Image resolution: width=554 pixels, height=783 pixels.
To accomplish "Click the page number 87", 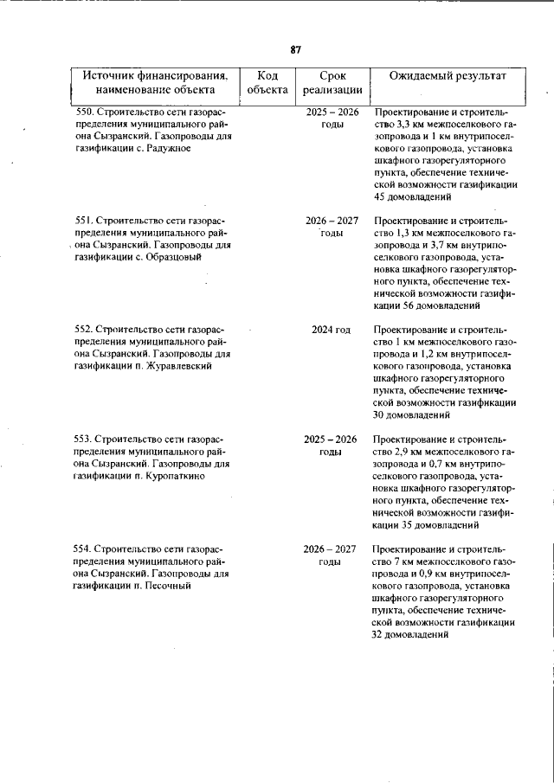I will point(295,49).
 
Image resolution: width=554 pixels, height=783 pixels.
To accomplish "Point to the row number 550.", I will point(84,112).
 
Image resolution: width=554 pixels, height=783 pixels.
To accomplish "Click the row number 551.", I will point(84,221).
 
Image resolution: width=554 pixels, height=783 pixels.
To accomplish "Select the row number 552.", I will point(84,330).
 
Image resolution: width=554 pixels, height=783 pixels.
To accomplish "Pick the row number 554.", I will point(84,549).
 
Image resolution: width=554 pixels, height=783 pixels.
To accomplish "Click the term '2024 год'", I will point(332,330).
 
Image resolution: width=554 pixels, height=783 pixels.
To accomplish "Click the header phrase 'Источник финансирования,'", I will point(155,76).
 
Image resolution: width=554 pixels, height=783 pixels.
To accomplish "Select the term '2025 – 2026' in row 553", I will point(331,440).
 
